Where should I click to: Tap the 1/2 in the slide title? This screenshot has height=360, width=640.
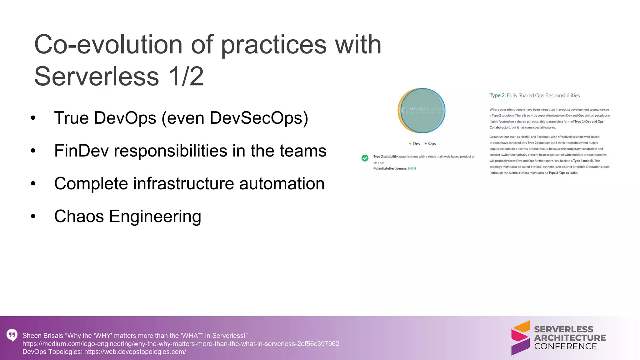[x=186, y=77]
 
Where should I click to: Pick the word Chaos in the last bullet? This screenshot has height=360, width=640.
[x=79, y=217]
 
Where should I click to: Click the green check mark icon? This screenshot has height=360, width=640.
[x=365, y=158]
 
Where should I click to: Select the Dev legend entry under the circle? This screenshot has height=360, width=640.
[x=415, y=144]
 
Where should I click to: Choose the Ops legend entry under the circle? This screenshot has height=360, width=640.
[x=430, y=144]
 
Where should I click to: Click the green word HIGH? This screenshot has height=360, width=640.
[x=412, y=168]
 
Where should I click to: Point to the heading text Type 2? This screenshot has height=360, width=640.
[x=497, y=96]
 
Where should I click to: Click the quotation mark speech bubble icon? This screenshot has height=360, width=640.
[x=12, y=335]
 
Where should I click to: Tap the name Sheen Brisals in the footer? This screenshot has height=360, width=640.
[x=43, y=336]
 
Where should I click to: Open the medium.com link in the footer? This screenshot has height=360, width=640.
[x=181, y=344]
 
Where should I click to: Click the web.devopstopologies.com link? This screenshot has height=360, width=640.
[x=135, y=352]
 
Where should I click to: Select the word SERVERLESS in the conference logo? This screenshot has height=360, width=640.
[x=563, y=329]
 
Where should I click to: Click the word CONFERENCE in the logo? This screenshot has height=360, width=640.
[x=565, y=347]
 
